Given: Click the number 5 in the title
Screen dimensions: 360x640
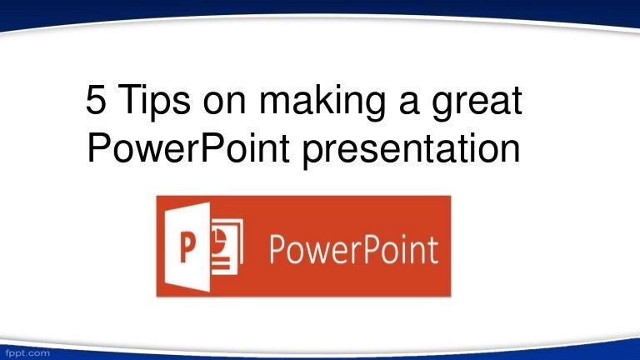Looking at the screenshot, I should (x=97, y=104).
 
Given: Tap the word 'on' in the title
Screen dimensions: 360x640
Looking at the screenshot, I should (x=229, y=106).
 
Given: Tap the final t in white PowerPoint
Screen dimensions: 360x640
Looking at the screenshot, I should (x=432, y=249).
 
